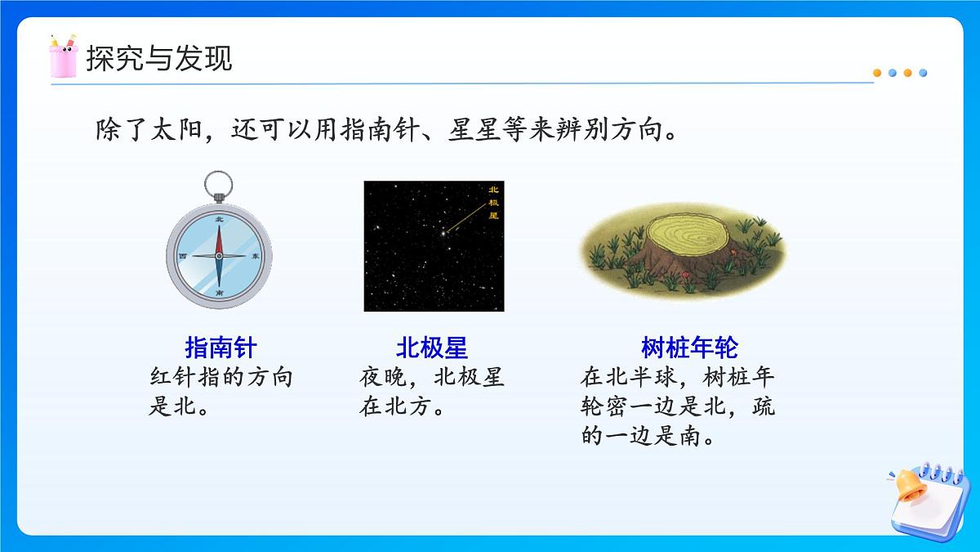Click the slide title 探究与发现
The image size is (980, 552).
[x=159, y=58]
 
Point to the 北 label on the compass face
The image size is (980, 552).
[x=219, y=220]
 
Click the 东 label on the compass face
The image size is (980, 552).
[x=256, y=256]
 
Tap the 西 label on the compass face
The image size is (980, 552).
[x=183, y=256]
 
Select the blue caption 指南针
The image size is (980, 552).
[x=221, y=348]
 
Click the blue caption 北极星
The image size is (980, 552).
[x=432, y=348]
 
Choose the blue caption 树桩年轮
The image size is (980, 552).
[x=689, y=348]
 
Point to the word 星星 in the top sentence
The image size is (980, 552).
[x=474, y=131]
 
